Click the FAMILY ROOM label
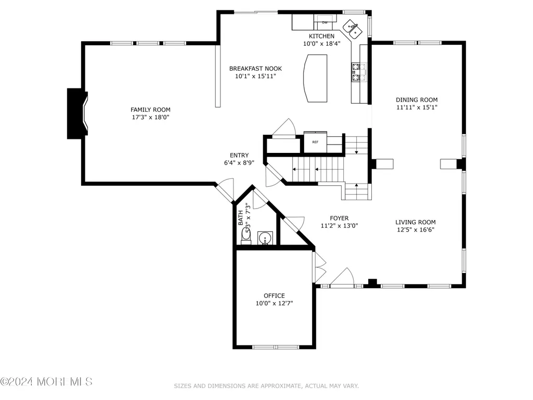tap(151, 110)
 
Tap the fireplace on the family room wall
tap(77, 113)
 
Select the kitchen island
tap(315, 78)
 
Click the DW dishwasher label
tap(325, 23)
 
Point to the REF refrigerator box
tap(316, 142)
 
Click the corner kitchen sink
tap(352, 29)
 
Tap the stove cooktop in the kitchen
tap(359, 72)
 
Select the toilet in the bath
tap(246, 236)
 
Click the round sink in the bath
tap(265, 238)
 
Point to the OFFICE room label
tap(275, 295)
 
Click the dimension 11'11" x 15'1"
tap(417, 107)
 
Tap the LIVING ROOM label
tap(415, 222)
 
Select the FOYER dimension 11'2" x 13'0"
tap(339, 226)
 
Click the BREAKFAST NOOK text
tap(256, 68)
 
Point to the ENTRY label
tap(239, 155)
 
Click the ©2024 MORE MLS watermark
tap(46, 382)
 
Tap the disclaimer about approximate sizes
tap(266, 386)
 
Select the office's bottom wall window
tap(276, 347)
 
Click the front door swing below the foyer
tap(343, 276)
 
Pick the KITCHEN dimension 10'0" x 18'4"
tap(322, 44)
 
